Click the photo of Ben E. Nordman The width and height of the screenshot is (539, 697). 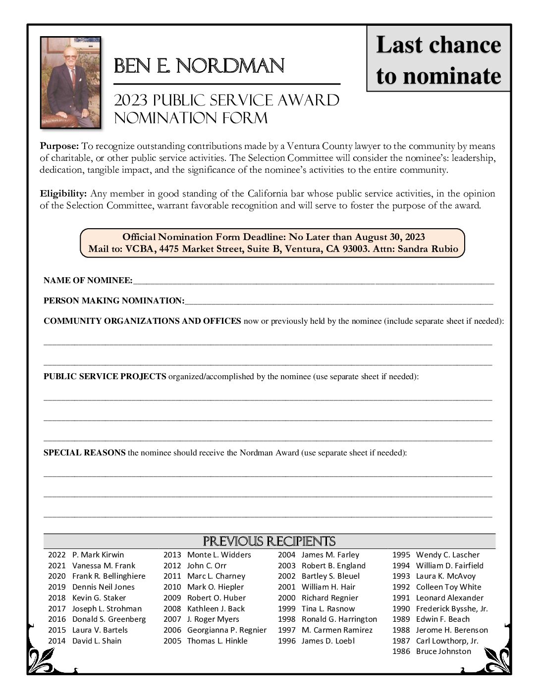(x=70, y=82)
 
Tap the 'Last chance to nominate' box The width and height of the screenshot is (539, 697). (x=438, y=60)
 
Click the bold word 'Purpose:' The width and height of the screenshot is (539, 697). (x=59, y=146)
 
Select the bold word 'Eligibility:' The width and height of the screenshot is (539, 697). (x=63, y=194)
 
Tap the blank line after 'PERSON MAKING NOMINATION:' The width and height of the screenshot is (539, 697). (x=339, y=301)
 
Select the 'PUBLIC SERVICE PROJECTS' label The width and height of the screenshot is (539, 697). (x=105, y=377)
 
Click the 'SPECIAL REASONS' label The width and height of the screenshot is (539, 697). (x=84, y=453)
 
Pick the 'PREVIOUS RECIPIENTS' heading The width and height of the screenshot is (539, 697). (x=269, y=541)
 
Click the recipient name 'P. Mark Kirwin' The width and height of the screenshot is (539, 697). (x=98, y=555)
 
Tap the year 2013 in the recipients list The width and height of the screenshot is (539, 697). (x=172, y=555)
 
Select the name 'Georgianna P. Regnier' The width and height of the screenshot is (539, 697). (x=226, y=630)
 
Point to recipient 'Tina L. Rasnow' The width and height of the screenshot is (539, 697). (x=328, y=609)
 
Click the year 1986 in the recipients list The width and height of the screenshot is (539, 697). (x=401, y=651)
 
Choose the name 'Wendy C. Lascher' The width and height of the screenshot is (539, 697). (x=447, y=555)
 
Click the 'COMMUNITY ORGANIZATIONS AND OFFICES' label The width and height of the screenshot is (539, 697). (x=142, y=321)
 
